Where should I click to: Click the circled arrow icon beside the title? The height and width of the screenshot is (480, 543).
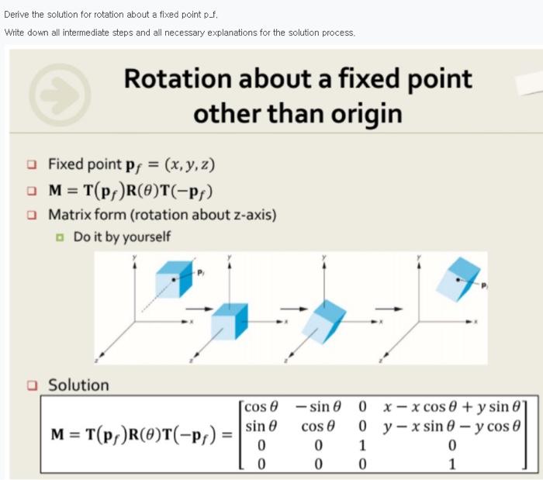[x=60, y=94]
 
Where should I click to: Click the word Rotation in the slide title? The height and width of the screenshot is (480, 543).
[x=175, y=78]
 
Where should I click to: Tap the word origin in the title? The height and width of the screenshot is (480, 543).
[x=364, y=113]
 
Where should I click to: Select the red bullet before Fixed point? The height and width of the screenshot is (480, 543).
[x=31, y=164]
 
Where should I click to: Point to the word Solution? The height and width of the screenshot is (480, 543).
[x=78, y=385]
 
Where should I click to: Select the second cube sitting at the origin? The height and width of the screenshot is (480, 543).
[x=230, y=320]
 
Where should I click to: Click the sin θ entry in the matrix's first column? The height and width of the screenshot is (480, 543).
[x=261, y=427]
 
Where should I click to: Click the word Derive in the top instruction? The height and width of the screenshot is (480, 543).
[x=18, y=14]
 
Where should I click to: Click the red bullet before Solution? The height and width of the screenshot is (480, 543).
[x=31, y=385]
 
